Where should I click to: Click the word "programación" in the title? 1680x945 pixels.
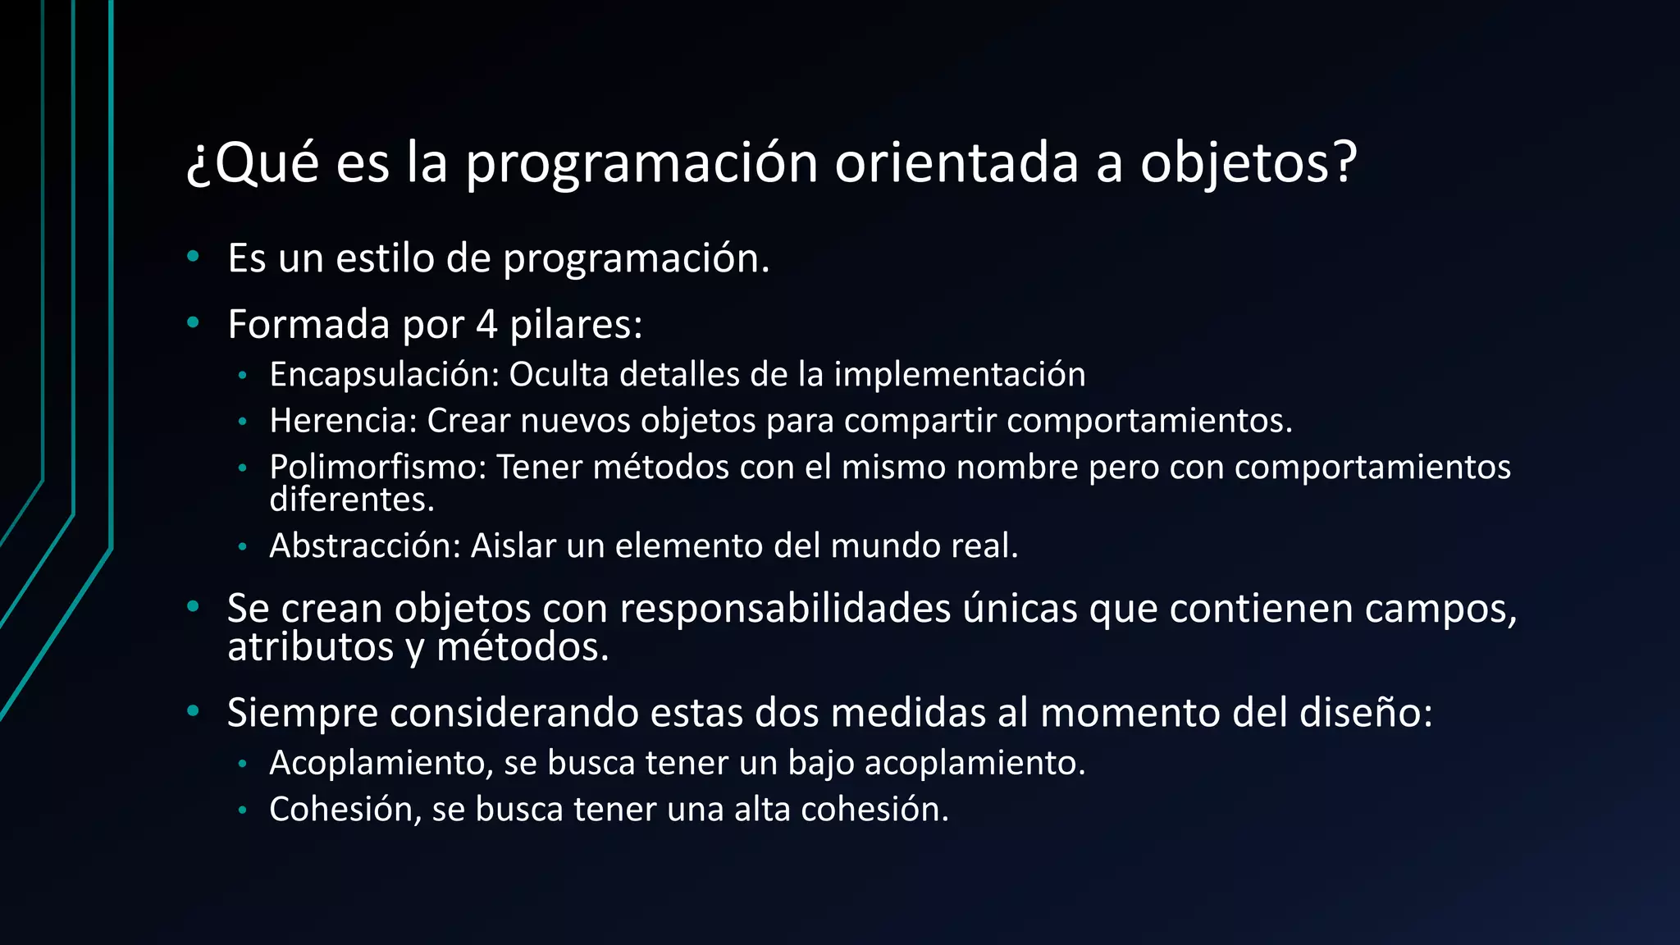point(641,163)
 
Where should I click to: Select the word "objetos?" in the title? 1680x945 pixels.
point(1249,163)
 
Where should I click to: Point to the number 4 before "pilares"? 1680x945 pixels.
point(486,324)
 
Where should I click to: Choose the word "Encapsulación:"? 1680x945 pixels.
point(384,375)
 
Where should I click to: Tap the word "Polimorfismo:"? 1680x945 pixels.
point(378,468)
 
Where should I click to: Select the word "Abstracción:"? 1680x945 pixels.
point(365,546)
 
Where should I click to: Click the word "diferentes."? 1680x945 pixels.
point(352,500)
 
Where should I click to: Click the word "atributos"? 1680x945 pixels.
point(311,647)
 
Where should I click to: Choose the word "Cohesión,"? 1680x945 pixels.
point(345,810)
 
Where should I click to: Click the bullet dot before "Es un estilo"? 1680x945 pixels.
point(194,258)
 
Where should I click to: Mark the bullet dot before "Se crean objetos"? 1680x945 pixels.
point(194,608)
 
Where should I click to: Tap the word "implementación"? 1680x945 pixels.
point(960,375)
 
